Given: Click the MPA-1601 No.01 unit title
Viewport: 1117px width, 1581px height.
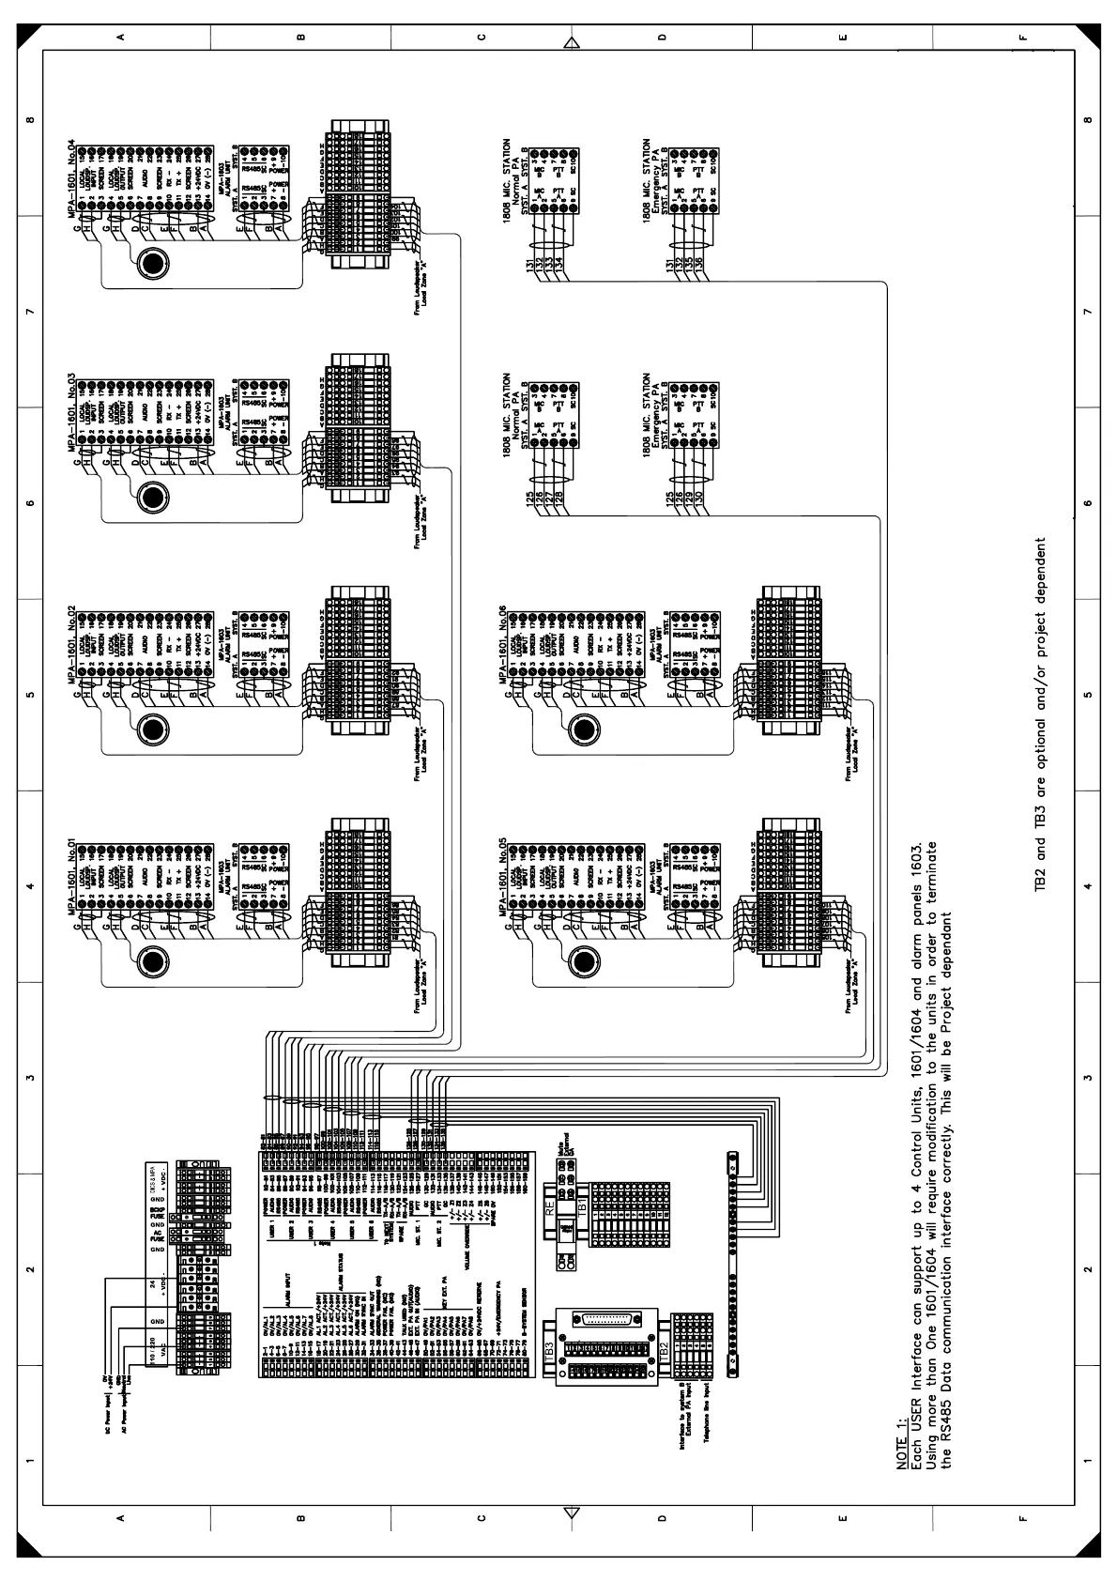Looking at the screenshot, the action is (x=71, y=877).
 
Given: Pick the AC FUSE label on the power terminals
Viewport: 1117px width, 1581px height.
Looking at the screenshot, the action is (x=159, y=1236).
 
